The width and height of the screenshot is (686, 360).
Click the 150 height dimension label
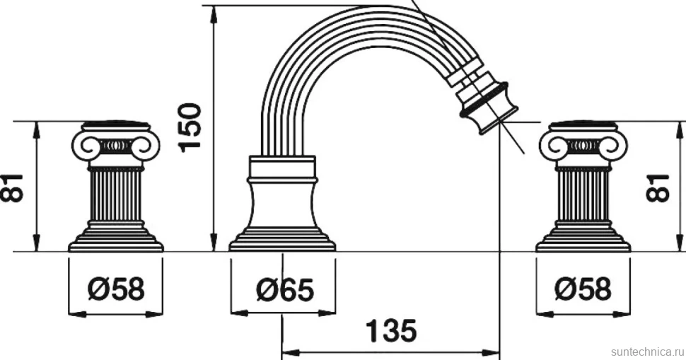190,127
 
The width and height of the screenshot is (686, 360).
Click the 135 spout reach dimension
391,331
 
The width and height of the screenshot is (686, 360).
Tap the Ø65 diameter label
285,289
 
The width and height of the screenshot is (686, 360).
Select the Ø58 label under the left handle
116,289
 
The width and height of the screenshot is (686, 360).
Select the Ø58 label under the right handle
583,289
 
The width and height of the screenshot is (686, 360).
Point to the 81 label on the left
11,187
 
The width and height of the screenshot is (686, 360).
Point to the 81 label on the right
657,187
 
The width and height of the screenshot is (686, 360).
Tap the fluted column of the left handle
116,195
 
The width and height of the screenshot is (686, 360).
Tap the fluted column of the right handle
583,195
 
